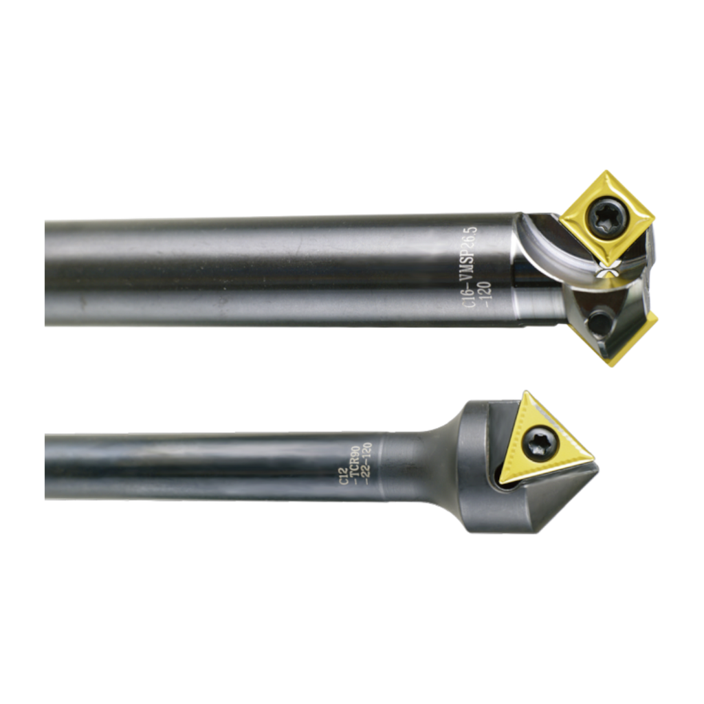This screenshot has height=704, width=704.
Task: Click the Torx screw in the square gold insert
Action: click(x=606, y=218)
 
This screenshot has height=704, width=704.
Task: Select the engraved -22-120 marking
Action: click(x=366, y=464)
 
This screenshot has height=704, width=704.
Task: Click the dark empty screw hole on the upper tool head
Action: click(x=598, y=322)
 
